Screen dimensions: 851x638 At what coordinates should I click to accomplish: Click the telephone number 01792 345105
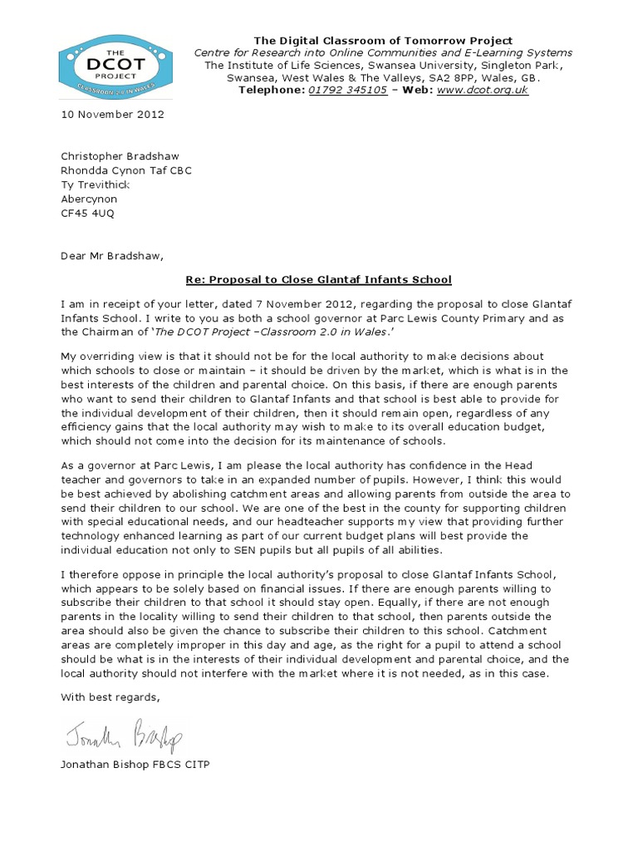(347, 90)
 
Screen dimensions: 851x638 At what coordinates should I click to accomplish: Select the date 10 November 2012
(112, 115)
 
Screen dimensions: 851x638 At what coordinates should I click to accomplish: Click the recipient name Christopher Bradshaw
(120, 155)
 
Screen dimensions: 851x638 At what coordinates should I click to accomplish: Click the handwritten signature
(121, 733)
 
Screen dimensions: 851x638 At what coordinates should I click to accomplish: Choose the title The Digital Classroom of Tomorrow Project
(383, 41)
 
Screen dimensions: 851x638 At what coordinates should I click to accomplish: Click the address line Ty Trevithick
(96, 184)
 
